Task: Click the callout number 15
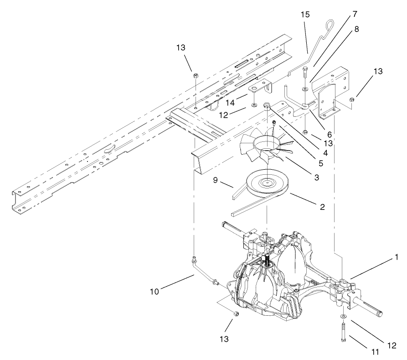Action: [305, 15]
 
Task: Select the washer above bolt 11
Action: [343, 316]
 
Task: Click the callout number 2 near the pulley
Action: [322, 207]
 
